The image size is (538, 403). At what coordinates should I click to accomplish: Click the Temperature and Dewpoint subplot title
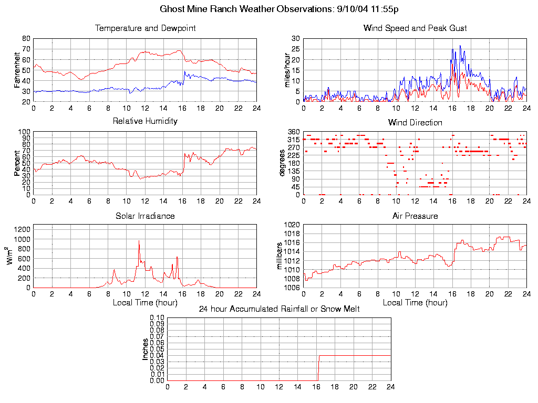(145, 28)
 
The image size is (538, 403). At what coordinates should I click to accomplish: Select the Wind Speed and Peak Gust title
(415, 28)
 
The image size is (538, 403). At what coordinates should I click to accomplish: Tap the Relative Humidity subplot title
(145, 121)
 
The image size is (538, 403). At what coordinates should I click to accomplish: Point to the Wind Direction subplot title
(415, 123)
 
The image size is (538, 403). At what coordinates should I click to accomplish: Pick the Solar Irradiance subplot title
(145, 216)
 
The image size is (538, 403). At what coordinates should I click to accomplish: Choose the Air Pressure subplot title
(415, 216)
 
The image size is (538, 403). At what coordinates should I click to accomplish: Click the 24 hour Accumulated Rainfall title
(279, 309)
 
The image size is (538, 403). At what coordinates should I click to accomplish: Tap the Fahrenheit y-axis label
(17, 70)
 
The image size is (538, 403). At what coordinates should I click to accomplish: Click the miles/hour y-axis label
(287, 70)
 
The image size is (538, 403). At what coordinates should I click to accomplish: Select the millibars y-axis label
(280, 256)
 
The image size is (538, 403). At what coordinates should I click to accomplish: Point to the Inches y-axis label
(145, 349)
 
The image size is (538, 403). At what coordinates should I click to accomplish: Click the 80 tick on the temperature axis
(26, 38)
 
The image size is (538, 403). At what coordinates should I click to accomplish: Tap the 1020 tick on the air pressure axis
(292, 225)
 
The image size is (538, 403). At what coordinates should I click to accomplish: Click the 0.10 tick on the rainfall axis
(157, 317)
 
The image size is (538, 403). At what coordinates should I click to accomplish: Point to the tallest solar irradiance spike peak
(139, 241)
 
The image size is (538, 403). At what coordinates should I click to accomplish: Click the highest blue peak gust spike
(460, 46)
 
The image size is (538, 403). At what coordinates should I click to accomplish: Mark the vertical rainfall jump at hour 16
(318, 367)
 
